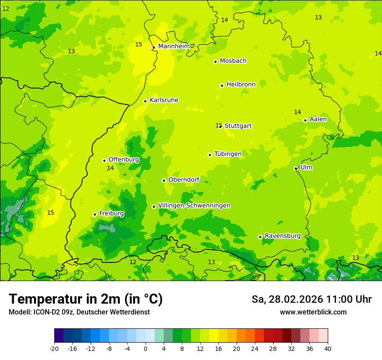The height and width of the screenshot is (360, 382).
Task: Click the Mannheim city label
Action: click(174, 46)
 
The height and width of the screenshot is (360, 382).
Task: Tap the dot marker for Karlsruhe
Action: click(145, 101)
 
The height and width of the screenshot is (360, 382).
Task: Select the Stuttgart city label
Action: click(238, 126)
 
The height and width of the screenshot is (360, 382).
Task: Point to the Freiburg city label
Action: click(111, 213)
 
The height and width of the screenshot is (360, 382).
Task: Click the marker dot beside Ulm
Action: click(296, 168)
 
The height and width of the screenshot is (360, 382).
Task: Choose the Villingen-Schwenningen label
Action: click(194, 206)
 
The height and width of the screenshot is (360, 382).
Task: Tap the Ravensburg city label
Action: click(283, 236)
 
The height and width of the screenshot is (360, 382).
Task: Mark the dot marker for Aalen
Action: click(305, 120)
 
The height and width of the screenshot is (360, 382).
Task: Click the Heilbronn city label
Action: click(241, 85)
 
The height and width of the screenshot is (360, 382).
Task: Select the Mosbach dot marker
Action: click(215, 62)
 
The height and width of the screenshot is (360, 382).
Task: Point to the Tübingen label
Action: click(228, 154)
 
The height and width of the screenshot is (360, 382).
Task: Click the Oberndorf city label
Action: click(184, 180)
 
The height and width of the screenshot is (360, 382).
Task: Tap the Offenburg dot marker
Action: click(104, 160)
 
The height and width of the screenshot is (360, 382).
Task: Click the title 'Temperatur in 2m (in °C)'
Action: click(86, 299)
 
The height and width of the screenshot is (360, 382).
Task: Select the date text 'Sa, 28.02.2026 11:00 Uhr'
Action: click(311, 299)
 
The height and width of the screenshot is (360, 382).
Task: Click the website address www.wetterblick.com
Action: click(313, 312)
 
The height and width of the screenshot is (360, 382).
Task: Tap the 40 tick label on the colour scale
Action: click(327, 348)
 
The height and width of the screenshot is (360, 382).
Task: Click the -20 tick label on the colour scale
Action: click(54, 348)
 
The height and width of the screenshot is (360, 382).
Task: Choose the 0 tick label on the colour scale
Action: click(145, 348)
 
